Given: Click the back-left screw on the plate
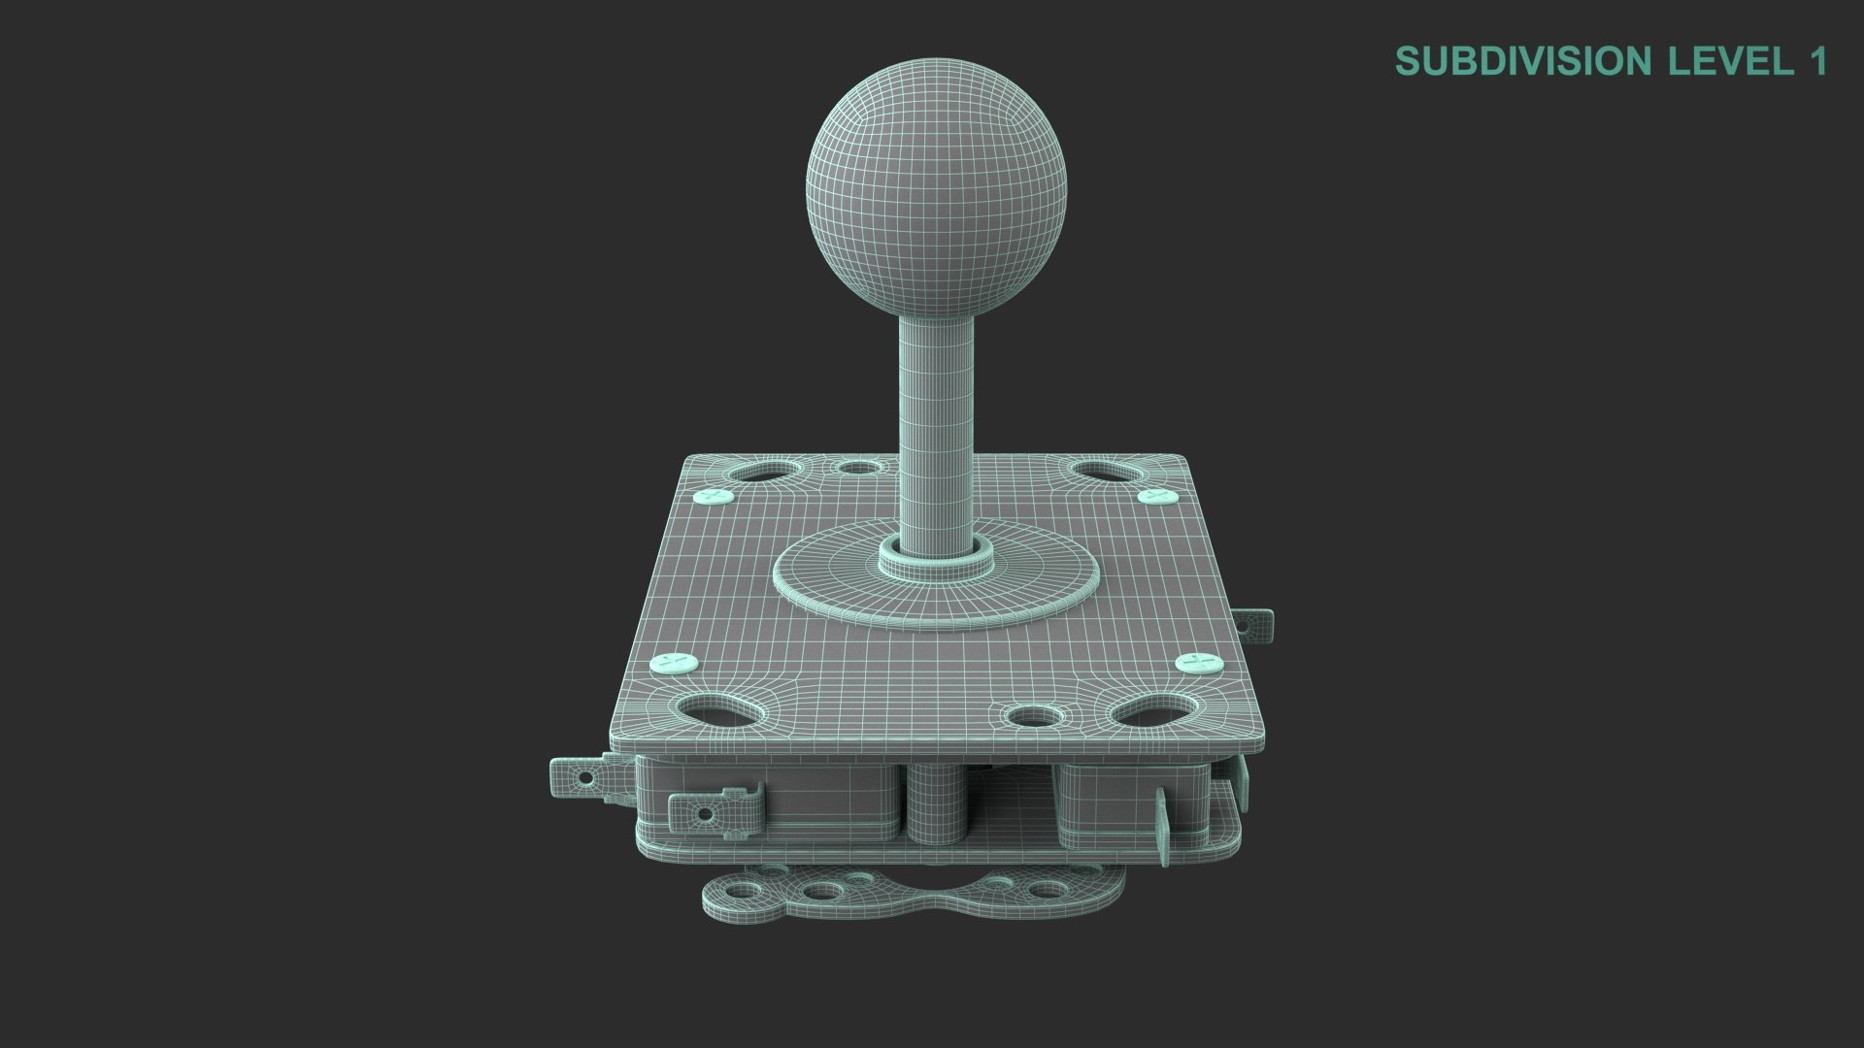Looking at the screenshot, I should pyautogui.click(x=714, y=497).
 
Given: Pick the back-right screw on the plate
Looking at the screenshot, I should pyautogui.click(x=1156, y=497).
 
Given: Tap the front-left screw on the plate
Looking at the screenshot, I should pyautogui.click(x=674, y=664).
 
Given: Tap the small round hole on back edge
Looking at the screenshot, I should pyautogui.click(x=856, y=468).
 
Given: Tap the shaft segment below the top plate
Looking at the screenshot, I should pyautogui.click(x=935, y=805).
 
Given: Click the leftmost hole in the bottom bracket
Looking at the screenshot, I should pyautogui.click(x=742, y=891).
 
